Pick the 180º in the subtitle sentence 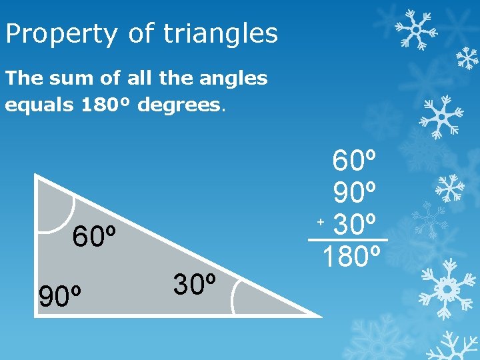pyautogui.click(x=108, y=105)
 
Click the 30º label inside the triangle pyautogui.click(x=195, y=285)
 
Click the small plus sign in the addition pyautogui.click(x=321, y=220)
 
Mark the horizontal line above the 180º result pyautogui.click(x=347, y=239)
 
